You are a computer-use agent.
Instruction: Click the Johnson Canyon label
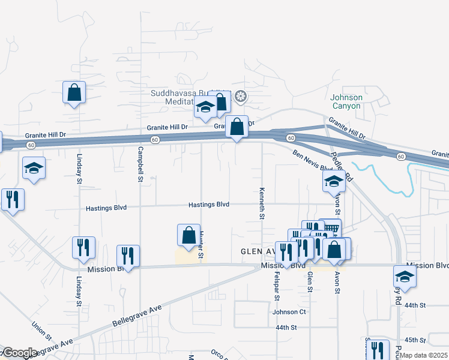346,101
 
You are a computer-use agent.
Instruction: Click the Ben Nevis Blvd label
313,160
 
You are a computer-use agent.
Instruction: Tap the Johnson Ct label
289,312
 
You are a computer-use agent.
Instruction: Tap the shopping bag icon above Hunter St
188,234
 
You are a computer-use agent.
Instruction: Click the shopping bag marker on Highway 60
237,127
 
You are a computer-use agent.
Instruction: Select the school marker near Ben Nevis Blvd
334,183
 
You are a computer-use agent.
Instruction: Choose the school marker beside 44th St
405,277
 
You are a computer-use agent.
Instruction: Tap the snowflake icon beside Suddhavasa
240,97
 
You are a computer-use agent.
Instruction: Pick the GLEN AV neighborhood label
258,251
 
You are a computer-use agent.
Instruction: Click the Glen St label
310,281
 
